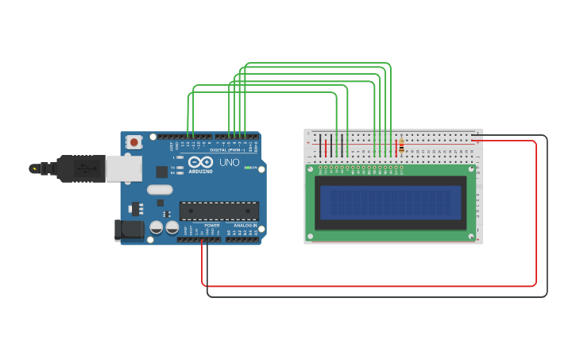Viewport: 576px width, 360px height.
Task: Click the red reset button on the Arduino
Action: [134, 142]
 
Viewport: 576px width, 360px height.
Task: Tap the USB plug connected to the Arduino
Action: [79, 168]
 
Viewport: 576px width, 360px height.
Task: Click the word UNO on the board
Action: [230, 162]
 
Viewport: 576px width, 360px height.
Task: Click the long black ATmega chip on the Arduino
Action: [219, 211]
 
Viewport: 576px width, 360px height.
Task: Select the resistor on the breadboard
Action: [401, 146]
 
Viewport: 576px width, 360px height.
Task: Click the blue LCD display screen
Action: [390, 203]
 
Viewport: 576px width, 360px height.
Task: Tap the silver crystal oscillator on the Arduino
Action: [159, 189]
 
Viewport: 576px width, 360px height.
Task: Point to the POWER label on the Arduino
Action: [212, 226]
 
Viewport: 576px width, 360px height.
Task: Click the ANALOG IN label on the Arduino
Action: [245, 226]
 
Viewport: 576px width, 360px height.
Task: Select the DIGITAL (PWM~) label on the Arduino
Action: [228, 150]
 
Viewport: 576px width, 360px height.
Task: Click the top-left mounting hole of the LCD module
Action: [310, 168]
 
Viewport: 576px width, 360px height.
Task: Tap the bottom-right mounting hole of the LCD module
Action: [470, 236]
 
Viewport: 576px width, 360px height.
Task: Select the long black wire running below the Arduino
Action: [373, 296]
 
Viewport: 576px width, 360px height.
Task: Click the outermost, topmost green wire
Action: [318, 63]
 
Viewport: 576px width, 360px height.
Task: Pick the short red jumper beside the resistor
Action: [396, 148]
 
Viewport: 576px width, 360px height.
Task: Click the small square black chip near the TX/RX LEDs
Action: [162, 172]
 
